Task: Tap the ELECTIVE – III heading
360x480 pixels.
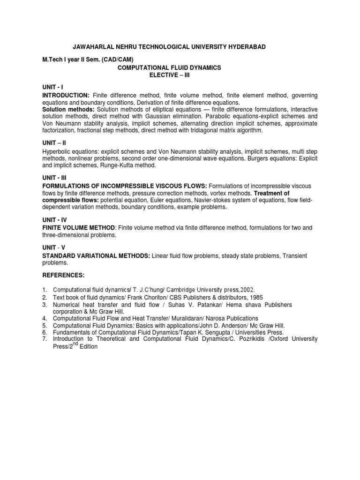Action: tap(169, 75)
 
